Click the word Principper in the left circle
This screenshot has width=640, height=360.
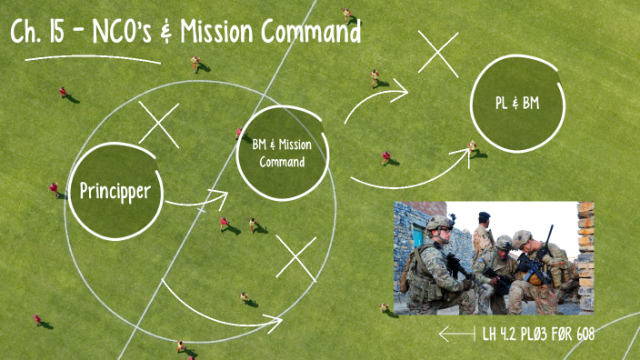[121, 191]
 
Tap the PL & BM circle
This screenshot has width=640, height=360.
[517, 104]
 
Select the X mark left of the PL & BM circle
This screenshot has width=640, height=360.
[437, 53]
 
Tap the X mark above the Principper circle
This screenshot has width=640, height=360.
[158, 125]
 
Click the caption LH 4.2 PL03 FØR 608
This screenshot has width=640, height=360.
[542, 335]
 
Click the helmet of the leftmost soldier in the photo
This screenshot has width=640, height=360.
[439, 224]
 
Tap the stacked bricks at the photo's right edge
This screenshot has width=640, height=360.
[585, 255]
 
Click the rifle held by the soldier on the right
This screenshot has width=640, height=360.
[536, 264]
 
